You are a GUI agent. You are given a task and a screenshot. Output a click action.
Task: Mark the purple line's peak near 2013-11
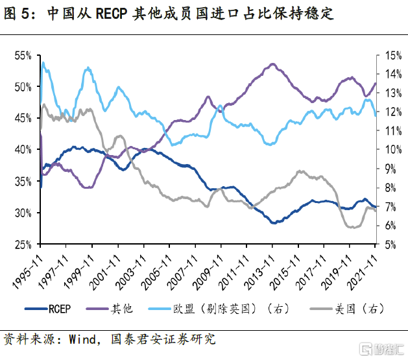(x=272, y=64)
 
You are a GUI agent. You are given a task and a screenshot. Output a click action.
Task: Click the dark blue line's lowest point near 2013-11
(x=275, y=222)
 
